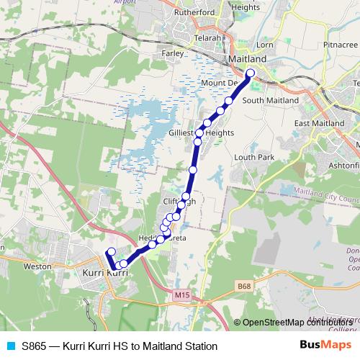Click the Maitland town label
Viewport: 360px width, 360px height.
tap(247, 58)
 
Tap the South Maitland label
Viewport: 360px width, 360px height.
tap(270, 100)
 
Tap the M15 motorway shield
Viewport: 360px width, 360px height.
tap(182, 294)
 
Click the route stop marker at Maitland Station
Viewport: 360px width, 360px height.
tap(251, 73)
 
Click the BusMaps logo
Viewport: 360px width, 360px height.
tap(325, 346)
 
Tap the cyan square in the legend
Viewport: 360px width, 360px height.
tap(11, 346)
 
